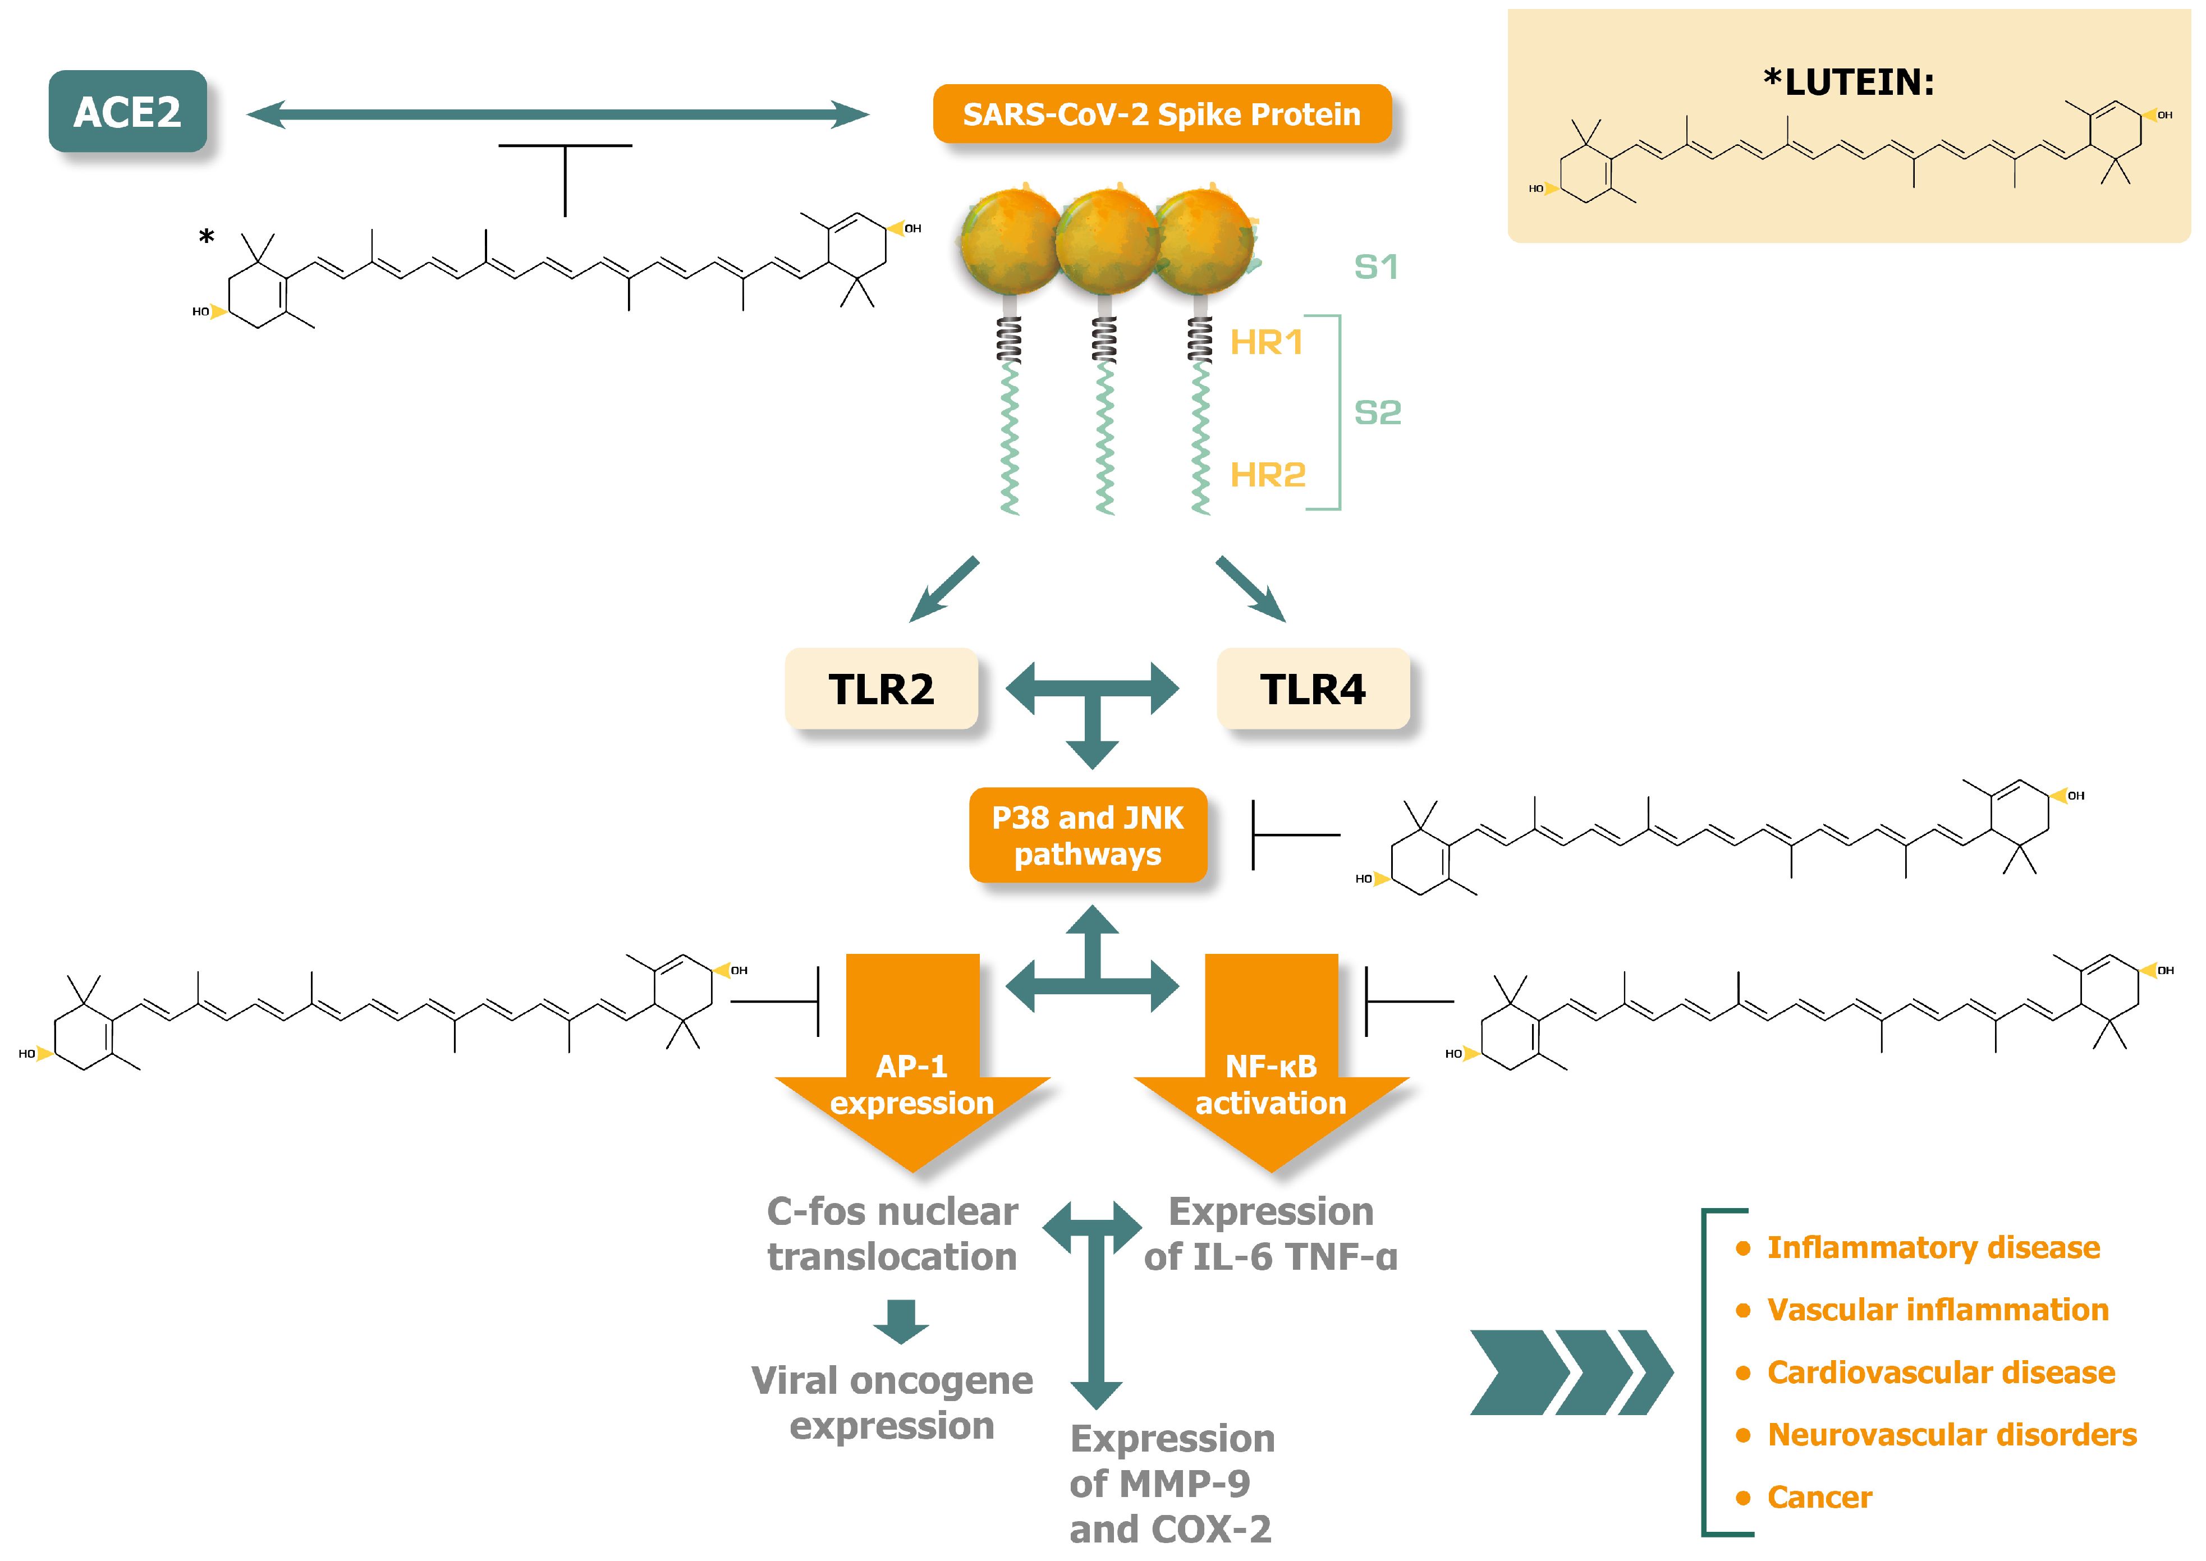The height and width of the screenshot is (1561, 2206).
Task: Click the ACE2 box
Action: [128, 112]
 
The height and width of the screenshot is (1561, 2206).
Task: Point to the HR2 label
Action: [1267, 475]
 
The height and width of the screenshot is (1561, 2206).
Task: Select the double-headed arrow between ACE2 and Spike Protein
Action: [557, 114]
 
